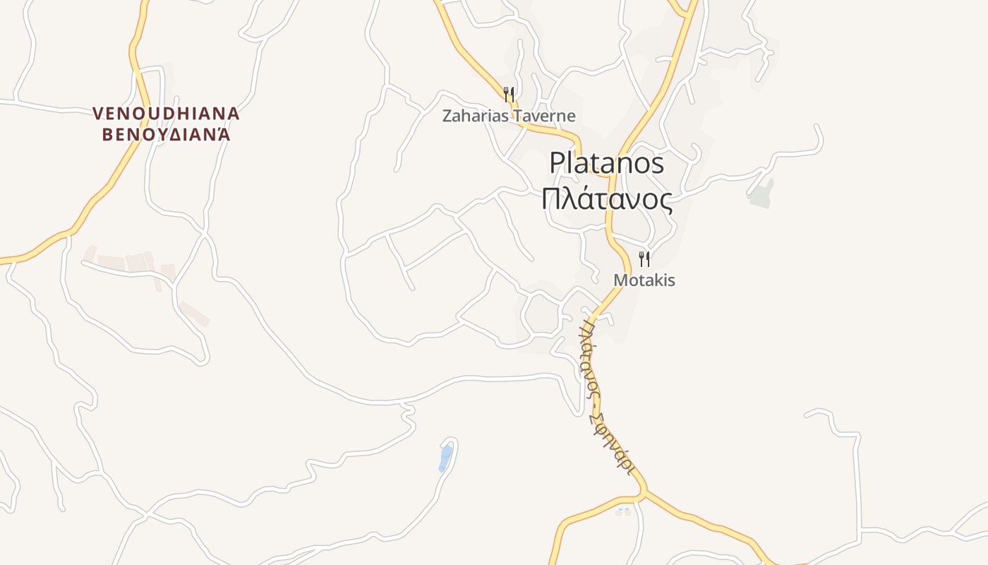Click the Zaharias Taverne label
click(x=509, y=116)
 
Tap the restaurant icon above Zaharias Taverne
click(x=508, y=93)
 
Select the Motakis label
click(x=644, y=280)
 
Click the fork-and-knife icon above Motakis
click(x=644, y=258)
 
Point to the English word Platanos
click(x=606, y=164)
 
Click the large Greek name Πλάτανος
click(x=606, y=199)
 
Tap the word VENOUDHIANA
click(x=167, y=114)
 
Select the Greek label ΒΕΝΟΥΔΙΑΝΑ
click(x=167, y=135)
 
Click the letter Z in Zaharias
click(x=447, y=116)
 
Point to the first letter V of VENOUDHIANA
click(x=98, y=114)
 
